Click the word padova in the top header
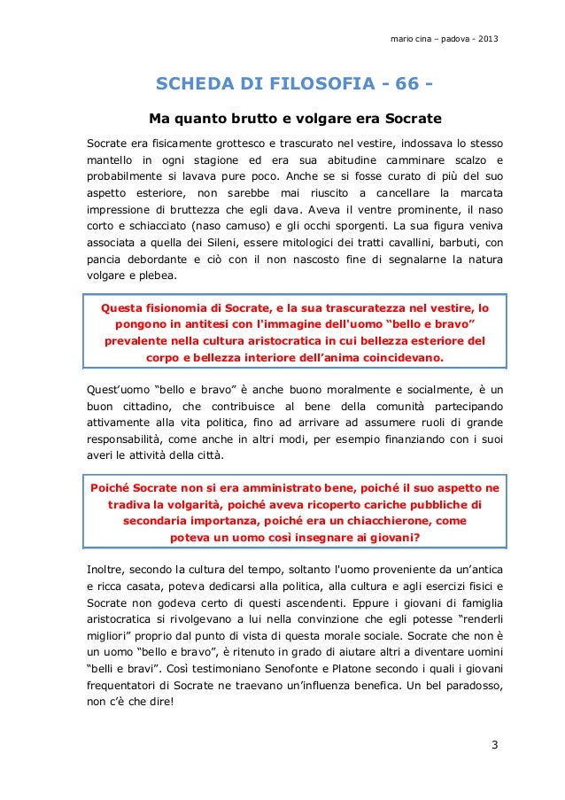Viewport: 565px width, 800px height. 446,41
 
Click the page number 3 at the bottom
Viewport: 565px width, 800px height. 494,742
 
